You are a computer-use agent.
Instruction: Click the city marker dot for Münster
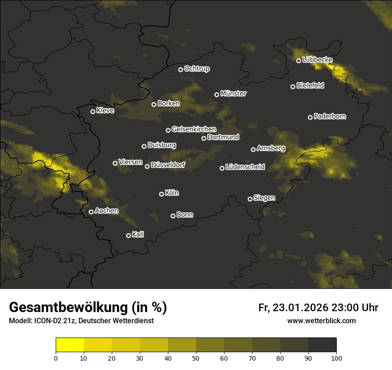tap(216, 95)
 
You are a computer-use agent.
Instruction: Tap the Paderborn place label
tap(330, 116)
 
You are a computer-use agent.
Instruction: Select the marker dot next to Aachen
tap(91, 212)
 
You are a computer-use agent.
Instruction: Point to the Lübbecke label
tap(317, 60)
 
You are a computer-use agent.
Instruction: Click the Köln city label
tap(172, 193)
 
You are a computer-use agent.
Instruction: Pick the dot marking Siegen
tap(250, 199)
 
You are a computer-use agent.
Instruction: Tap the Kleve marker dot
tap(93, 111)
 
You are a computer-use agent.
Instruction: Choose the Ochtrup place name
tap(197, 69)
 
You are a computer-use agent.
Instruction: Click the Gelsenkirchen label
tap(194, 129)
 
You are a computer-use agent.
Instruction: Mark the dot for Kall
tap(128, 235)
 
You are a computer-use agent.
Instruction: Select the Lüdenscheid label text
tap(245, 167)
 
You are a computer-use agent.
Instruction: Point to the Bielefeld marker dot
tap(293, 86)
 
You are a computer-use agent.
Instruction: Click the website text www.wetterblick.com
tap(321, 321)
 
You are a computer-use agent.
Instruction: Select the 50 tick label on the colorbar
tap(196, 358)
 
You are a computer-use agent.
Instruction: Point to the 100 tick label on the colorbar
tap(336, 358)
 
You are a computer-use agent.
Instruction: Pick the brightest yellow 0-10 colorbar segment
tap(69, 345)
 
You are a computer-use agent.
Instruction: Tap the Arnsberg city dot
tap(253, 149)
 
